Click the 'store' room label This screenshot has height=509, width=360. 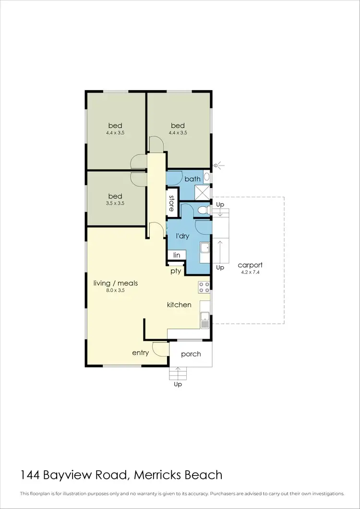coord(171,202)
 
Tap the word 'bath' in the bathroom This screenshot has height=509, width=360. coord(192,179)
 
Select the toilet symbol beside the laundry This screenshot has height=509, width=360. coord(204,210)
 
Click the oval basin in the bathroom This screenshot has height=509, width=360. coord(206,177)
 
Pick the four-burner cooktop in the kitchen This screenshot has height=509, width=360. coord(204,287)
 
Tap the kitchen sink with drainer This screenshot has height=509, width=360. coord(204,318)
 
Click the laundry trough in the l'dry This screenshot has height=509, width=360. coord(204,248)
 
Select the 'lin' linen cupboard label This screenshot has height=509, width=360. coord(176,256)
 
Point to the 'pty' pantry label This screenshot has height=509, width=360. coord(176,271)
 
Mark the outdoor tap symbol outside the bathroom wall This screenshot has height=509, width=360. coord(217,166)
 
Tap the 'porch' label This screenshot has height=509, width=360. coord(191,354)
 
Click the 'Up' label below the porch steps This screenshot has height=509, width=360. coord(178,384)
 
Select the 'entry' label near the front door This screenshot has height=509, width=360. coord(141,353)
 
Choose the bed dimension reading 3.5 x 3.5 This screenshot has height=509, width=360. coord(115,203)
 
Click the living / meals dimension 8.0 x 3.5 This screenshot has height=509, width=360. coord(115,290)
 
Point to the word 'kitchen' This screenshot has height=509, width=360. coord(179,305)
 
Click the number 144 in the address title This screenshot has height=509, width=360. coord(30,475)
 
